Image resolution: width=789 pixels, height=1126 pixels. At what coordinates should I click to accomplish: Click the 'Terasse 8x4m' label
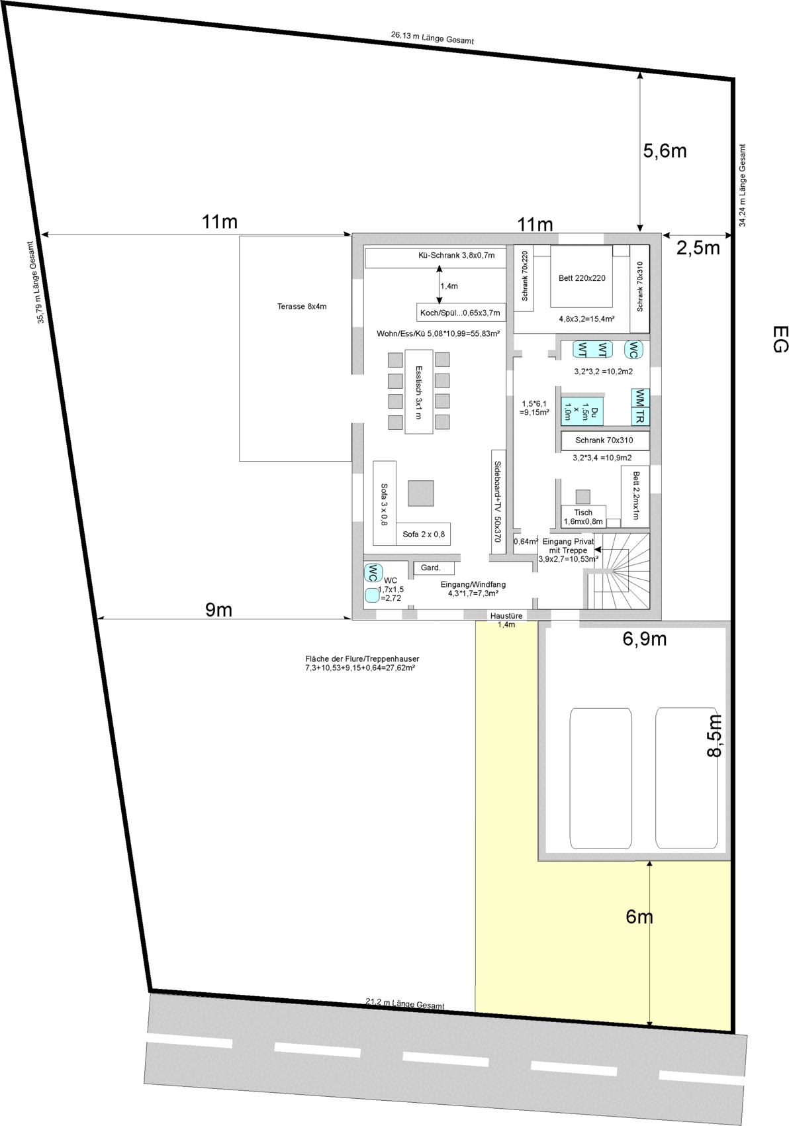point(301,306)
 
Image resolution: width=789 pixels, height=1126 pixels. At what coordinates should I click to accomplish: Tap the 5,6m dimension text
point(665,151)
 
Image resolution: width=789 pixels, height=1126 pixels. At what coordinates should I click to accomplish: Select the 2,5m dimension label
point(698,248)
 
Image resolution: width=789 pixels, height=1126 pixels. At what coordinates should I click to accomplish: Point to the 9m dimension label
point(218,609)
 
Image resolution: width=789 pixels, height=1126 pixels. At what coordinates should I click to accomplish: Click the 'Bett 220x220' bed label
point(582,278)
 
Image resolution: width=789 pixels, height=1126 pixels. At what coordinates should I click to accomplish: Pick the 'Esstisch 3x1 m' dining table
point(418,391)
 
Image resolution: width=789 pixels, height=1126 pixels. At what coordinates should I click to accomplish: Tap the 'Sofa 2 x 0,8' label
point(424,535)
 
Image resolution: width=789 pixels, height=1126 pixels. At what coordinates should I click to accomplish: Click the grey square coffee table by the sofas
point(420,493)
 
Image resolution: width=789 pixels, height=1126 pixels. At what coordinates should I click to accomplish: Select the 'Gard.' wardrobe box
point(434,568)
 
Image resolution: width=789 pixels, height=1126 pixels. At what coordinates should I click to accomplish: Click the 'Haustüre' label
point(506,615)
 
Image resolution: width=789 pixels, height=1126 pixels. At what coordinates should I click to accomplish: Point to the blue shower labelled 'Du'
point(582,411)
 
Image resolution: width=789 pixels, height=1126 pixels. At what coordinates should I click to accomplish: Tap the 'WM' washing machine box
point(640,398)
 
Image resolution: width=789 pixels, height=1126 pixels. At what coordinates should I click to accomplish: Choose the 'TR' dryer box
point(640,417)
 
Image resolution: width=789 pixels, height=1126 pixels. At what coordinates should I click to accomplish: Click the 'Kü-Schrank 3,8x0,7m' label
point(456,256)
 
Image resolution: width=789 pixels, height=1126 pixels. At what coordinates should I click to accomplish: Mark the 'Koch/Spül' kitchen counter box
point(461,312)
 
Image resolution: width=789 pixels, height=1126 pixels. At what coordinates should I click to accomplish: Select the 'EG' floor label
point(780,339)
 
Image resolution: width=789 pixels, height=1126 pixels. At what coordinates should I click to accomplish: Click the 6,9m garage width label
point(644,639)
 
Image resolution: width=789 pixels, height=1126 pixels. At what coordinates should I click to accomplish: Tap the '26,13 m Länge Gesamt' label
point(432,38)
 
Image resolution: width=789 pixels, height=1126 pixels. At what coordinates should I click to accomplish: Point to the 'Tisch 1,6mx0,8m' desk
point(583,516)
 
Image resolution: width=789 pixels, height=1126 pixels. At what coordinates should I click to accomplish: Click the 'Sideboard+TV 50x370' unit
point(498,501)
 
